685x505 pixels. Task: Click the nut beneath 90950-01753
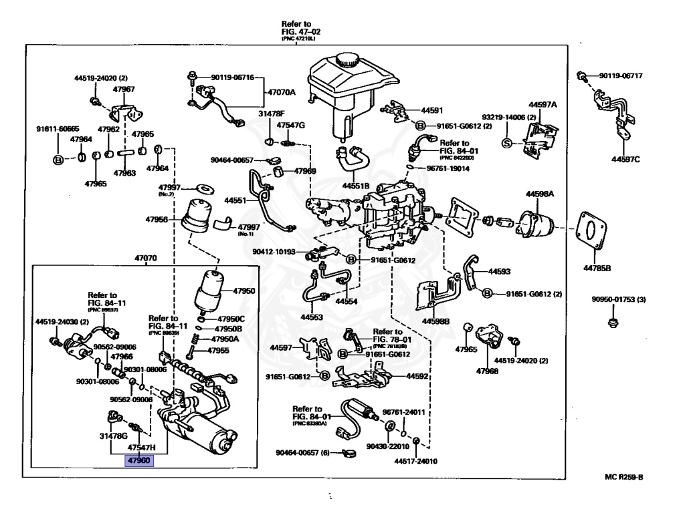pyautogui.click(x=611, y=324)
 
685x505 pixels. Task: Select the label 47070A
pyautogui.click(x=282, y=92)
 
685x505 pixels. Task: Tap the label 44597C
pyautogui.click(x=625, y=160)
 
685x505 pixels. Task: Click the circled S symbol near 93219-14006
pyautogui.click(x=506, y=142)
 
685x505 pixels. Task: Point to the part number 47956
pyautogui.click(x=159, y=218)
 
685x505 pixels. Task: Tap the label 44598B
pyautogui.click(x=435, y=321)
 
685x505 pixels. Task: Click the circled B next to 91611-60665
pyautogui.click(x=58, y=160)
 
